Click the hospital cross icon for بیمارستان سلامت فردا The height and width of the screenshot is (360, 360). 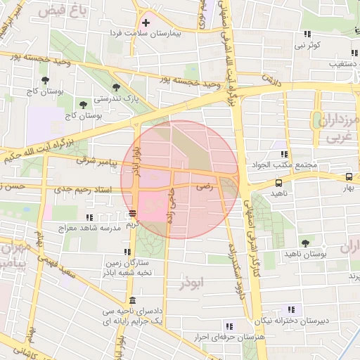[146, 22]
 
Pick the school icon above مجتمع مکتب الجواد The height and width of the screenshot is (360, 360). [284, 154]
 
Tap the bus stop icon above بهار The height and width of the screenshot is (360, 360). [349, 177]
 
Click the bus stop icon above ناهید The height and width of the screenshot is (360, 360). [279, 183]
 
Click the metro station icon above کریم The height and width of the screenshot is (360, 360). [132, 213]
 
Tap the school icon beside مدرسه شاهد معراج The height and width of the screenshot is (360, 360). [88, 218]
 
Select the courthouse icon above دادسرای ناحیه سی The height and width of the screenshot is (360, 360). [134, 300]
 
